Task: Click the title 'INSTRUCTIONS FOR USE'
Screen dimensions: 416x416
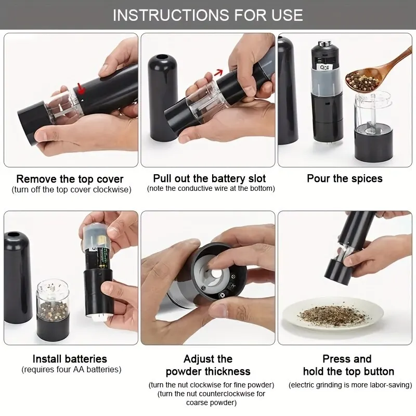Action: pyautogui.click(x=208, y=15)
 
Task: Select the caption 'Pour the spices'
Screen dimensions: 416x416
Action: pyautogui.click(x=344, y=178)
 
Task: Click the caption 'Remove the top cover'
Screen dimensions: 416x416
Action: pyautogui.click(x=70, y=179)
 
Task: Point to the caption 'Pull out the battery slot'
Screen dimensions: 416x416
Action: pyautogui.click(x=210, y=178)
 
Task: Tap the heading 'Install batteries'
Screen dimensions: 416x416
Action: pyautogui.click(x=70, y=359)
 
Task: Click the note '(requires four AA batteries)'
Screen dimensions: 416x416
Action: pyautogui.click(x=71, y=370)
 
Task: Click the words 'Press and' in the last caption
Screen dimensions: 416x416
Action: pyautogui.click(x=347, y=359)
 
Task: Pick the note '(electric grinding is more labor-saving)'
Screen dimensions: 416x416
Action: pyautogui.click(x=350, y=385)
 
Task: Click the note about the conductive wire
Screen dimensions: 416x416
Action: pyautogui.click(x=211, y=188)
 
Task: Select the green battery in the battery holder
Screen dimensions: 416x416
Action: pyautogui.click(x=99, y=257)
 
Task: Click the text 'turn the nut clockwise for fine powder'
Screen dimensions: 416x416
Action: pyautogui.click(x=211, y=385)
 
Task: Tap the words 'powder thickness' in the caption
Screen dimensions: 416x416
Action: pyautogui.click(x=208, y=371)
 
